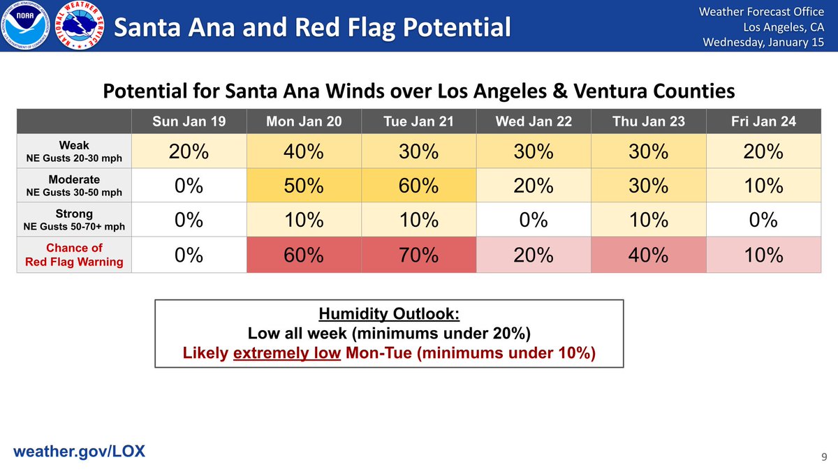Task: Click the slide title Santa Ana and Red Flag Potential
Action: pyautogui.click(x=312, y=28)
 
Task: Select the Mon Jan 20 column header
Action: pyautogui.click(x=304, y=121)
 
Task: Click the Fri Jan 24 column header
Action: pyautogui.click(x=763, y=121)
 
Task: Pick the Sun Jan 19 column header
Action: pyautogui.click(x=189, y=121)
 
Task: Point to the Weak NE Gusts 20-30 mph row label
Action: pyautogui.click(x=74, y=151)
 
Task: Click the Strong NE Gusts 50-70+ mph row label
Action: pyautogui.click(x=74, y=220)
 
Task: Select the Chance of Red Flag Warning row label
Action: pyautogui.click(x=74, y=255)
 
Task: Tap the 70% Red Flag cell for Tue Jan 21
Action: pyautogui.click(x=418, y=255)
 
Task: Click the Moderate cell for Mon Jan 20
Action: pyautogui.click(x=304, y=186)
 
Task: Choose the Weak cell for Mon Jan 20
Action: pyautogui.click(x=304, y=151)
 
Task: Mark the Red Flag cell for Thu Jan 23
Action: pyautogui.click(x=648, y=255)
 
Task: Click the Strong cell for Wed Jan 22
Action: pyautogui.click(x=534, y=220)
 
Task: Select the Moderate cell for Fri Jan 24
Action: pyautogui.click(x=763, y=186)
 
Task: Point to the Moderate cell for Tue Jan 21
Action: pyautogui.click(x=418, y=186)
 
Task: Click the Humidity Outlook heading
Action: pyautogui.click(x=388, y=314)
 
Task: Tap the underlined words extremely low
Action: pyautogui.click(x=287, y=353)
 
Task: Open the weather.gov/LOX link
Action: pyautogui.click(x=80, y=451)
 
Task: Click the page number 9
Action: pyautogui.click(x=823, y=457)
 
